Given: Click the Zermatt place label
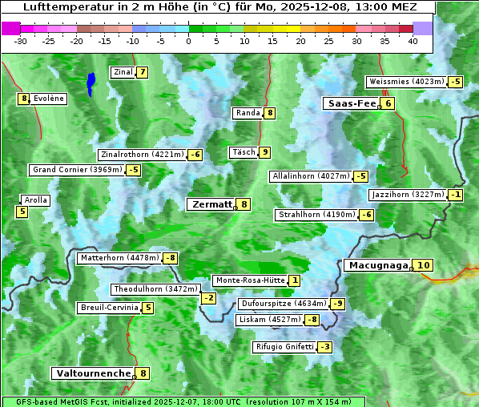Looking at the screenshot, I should pyautogui.click(x=211, y=204).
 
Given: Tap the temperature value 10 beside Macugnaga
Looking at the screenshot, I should pyautogui.click(x=423, y=265).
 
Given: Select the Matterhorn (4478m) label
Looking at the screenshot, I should pyautogui.click(x=119, y=258).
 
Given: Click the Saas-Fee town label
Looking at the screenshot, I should pyautogui.click(x=351, y=103).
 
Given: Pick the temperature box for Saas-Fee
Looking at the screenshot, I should pyautogui.click(x=388, y=103).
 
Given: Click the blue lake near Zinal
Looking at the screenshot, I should pyautogui.click(x=91, y=82).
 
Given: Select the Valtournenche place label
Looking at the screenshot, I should pyautogui.click(x=92, y=373).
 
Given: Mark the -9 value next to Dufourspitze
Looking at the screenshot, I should pyautogui.click(x=338, y=304).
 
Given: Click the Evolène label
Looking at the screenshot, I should pyautogui.click(x=49, y=99).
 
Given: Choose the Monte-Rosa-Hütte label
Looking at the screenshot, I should pyautogui.click(x=249, y=280).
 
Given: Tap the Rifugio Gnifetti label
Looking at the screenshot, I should pyautogui.click(x=284, y=347).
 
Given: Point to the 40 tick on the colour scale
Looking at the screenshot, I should pyautogui.click(x=413, y=41).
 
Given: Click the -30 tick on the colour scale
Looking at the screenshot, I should pyautogui.click(x=21, y=41).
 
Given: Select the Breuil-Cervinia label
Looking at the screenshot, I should pyautogui.click(x=108, y=308).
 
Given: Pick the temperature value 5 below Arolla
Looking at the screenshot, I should pyautogui.click(x=22, y=212).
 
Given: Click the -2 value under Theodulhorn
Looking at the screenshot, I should pyautogui.click(x=208, y=298).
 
